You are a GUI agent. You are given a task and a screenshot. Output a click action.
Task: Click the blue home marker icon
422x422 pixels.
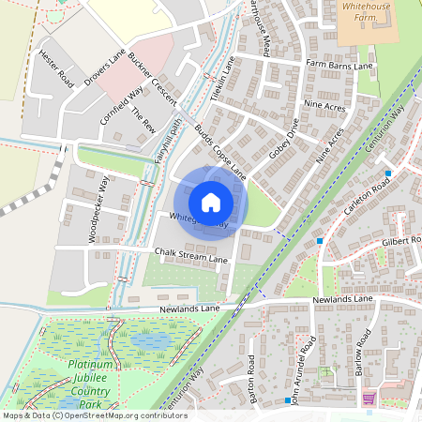point(211,202)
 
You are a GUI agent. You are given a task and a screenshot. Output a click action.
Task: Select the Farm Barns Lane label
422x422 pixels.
point(339,64)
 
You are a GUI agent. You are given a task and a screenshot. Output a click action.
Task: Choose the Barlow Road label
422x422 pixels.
point(363,353)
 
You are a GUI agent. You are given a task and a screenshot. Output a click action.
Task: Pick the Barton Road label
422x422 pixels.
point(252,379)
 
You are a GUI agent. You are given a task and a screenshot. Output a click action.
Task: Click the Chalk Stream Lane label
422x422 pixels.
point(191,256)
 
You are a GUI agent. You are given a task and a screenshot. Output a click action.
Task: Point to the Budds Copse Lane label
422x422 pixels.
point(221,150)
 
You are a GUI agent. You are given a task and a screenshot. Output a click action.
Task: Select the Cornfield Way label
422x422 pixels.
point(123,108)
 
